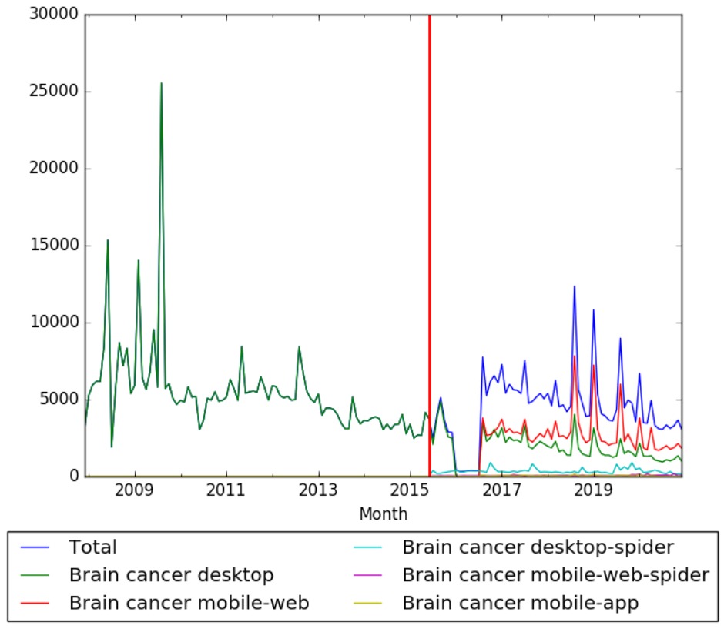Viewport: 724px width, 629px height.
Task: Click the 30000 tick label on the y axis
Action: [x=52, y=15]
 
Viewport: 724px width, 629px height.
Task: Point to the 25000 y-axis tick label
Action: [x=52, y=92]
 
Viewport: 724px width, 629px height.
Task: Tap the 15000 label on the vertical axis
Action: [x=52, y=246]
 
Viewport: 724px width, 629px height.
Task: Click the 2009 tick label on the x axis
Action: [x=135, y=490]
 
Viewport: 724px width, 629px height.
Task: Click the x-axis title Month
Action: [x=383, y=514]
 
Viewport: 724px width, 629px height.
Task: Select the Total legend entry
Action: [x=92, y=547]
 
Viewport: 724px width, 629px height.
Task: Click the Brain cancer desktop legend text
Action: [x=171, y=575]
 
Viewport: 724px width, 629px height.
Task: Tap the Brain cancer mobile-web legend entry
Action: [x=189, y=603]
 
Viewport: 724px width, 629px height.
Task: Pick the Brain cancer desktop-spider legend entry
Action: [x=538, y=547]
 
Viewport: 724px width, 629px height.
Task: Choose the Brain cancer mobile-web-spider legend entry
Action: [x=555, y=575]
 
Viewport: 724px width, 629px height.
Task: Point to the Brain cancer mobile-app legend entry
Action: [x=520, y=603]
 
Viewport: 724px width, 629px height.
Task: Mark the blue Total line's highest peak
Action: [x=575, y=286]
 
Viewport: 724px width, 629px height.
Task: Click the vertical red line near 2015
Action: [x=429, y=231]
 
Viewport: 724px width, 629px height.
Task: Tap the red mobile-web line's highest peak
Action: [x=575, y=356]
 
